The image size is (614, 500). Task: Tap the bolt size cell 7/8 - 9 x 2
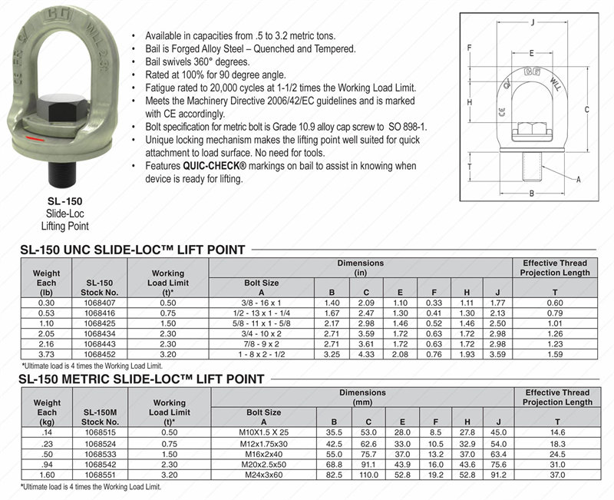click(x=262, y=344)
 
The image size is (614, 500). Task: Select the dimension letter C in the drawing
click(x=586, y=110)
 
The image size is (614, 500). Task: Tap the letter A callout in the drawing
click(x=577, y=180)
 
